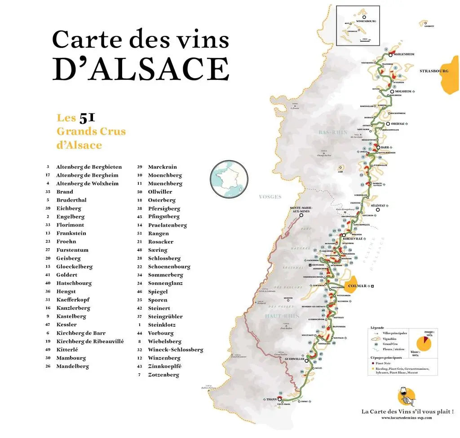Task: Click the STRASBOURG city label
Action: click(434, 71)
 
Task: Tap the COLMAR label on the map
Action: click(358, 285)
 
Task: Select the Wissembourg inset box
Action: click(358, 26)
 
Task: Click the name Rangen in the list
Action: click(158, 233)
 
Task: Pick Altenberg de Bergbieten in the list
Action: click(88, 167)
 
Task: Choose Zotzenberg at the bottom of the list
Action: click(164, 375)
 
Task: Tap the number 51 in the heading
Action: click(87, 118)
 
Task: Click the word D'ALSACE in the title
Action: click(141, 69)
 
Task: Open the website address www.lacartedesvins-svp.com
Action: click(406, 417)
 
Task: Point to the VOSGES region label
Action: click(270, 197)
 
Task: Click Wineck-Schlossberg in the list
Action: click(176, 350)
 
